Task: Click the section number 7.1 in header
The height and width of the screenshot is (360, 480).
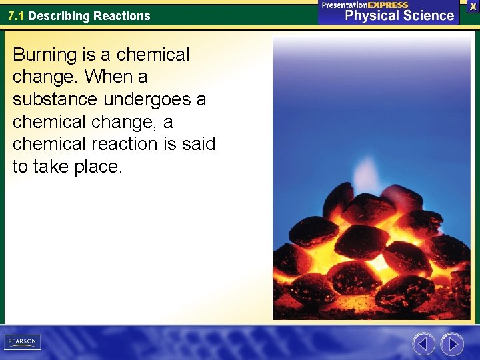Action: pyautogui.click(x=16, y=16)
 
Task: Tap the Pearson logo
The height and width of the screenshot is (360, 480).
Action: pyautogui.click(x=22, y=342)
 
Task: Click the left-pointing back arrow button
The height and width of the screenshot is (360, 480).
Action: pyautogui.click(x=424, y=344)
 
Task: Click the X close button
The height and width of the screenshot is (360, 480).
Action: pyautogui.click(x=473, y=5)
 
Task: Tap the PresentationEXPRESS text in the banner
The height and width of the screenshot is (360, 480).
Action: pyautogui.click(x=365, y=5)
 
